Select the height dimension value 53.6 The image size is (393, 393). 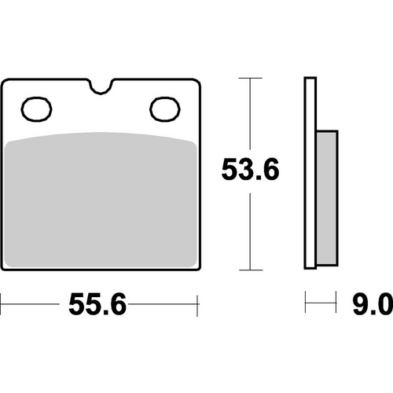249,168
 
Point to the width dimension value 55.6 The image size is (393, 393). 98,303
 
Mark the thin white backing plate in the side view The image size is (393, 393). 309,173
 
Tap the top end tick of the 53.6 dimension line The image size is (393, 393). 249,79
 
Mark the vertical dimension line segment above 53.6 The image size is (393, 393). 249,114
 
